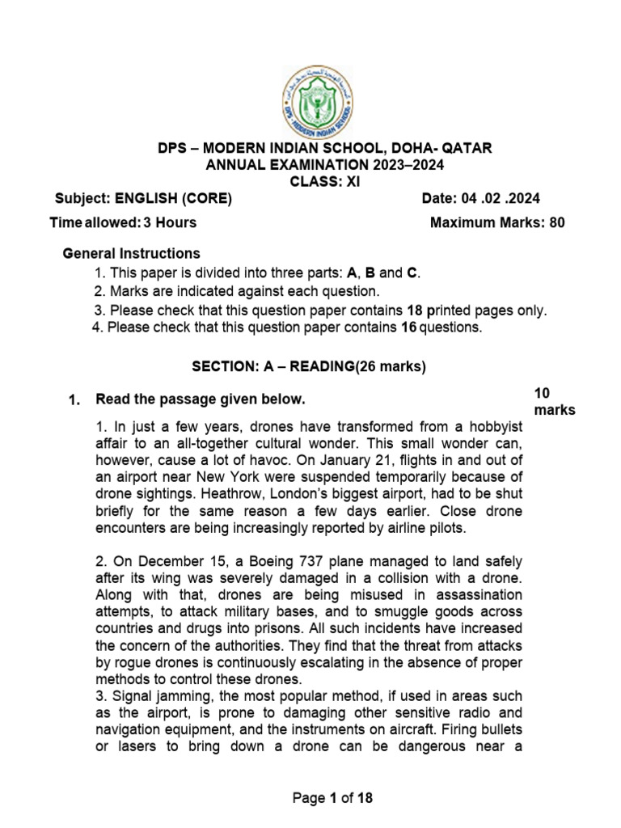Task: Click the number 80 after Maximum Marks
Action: coord(556,223)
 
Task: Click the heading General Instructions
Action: coord(132,253)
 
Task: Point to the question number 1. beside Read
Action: coord(74,399)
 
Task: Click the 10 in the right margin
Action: coord(542,393)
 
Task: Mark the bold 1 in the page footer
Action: coord(332,798)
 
